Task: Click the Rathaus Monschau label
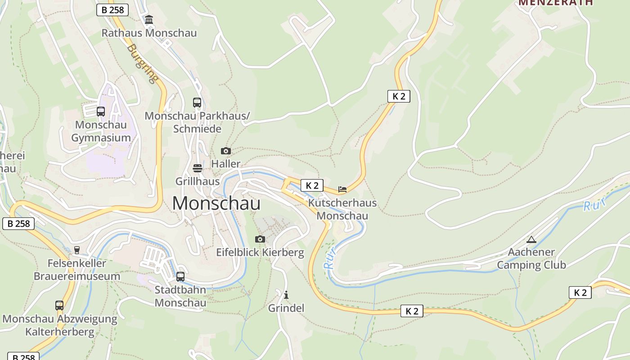(149, 33)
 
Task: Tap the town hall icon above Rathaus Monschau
(149, 19)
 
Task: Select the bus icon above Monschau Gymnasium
(101, 111)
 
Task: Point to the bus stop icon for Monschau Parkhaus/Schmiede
(197, 103)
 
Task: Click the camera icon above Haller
(226, 151)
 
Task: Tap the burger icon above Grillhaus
(197, 168)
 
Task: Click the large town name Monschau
(216, 203)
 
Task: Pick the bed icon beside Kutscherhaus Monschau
(342, 189)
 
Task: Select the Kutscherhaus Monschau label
(342, 209)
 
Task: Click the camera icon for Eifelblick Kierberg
(260, 239)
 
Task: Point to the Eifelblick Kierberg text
(260, 252)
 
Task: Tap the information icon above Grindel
(286, 295)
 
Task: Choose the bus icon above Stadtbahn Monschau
(180, 276)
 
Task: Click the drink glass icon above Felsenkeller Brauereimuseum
(77, 250)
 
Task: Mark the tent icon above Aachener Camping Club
(531, 239)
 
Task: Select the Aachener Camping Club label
(531, 258)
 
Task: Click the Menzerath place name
(556, 3)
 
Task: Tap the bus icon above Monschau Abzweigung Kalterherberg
(59, 306)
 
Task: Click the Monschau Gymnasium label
(101, 131)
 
